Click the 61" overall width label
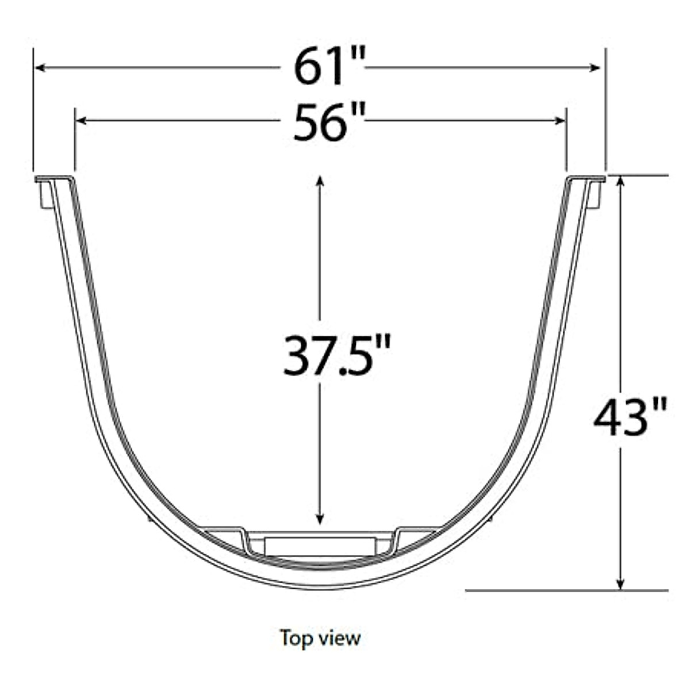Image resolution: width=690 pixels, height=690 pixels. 329,67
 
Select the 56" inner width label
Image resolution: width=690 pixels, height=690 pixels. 329,122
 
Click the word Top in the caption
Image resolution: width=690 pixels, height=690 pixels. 294,638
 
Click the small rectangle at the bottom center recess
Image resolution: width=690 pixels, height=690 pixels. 319,546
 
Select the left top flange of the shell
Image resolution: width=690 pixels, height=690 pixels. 54,179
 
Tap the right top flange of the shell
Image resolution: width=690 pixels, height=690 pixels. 586,179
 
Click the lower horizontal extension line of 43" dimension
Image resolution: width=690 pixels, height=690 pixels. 566,590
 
